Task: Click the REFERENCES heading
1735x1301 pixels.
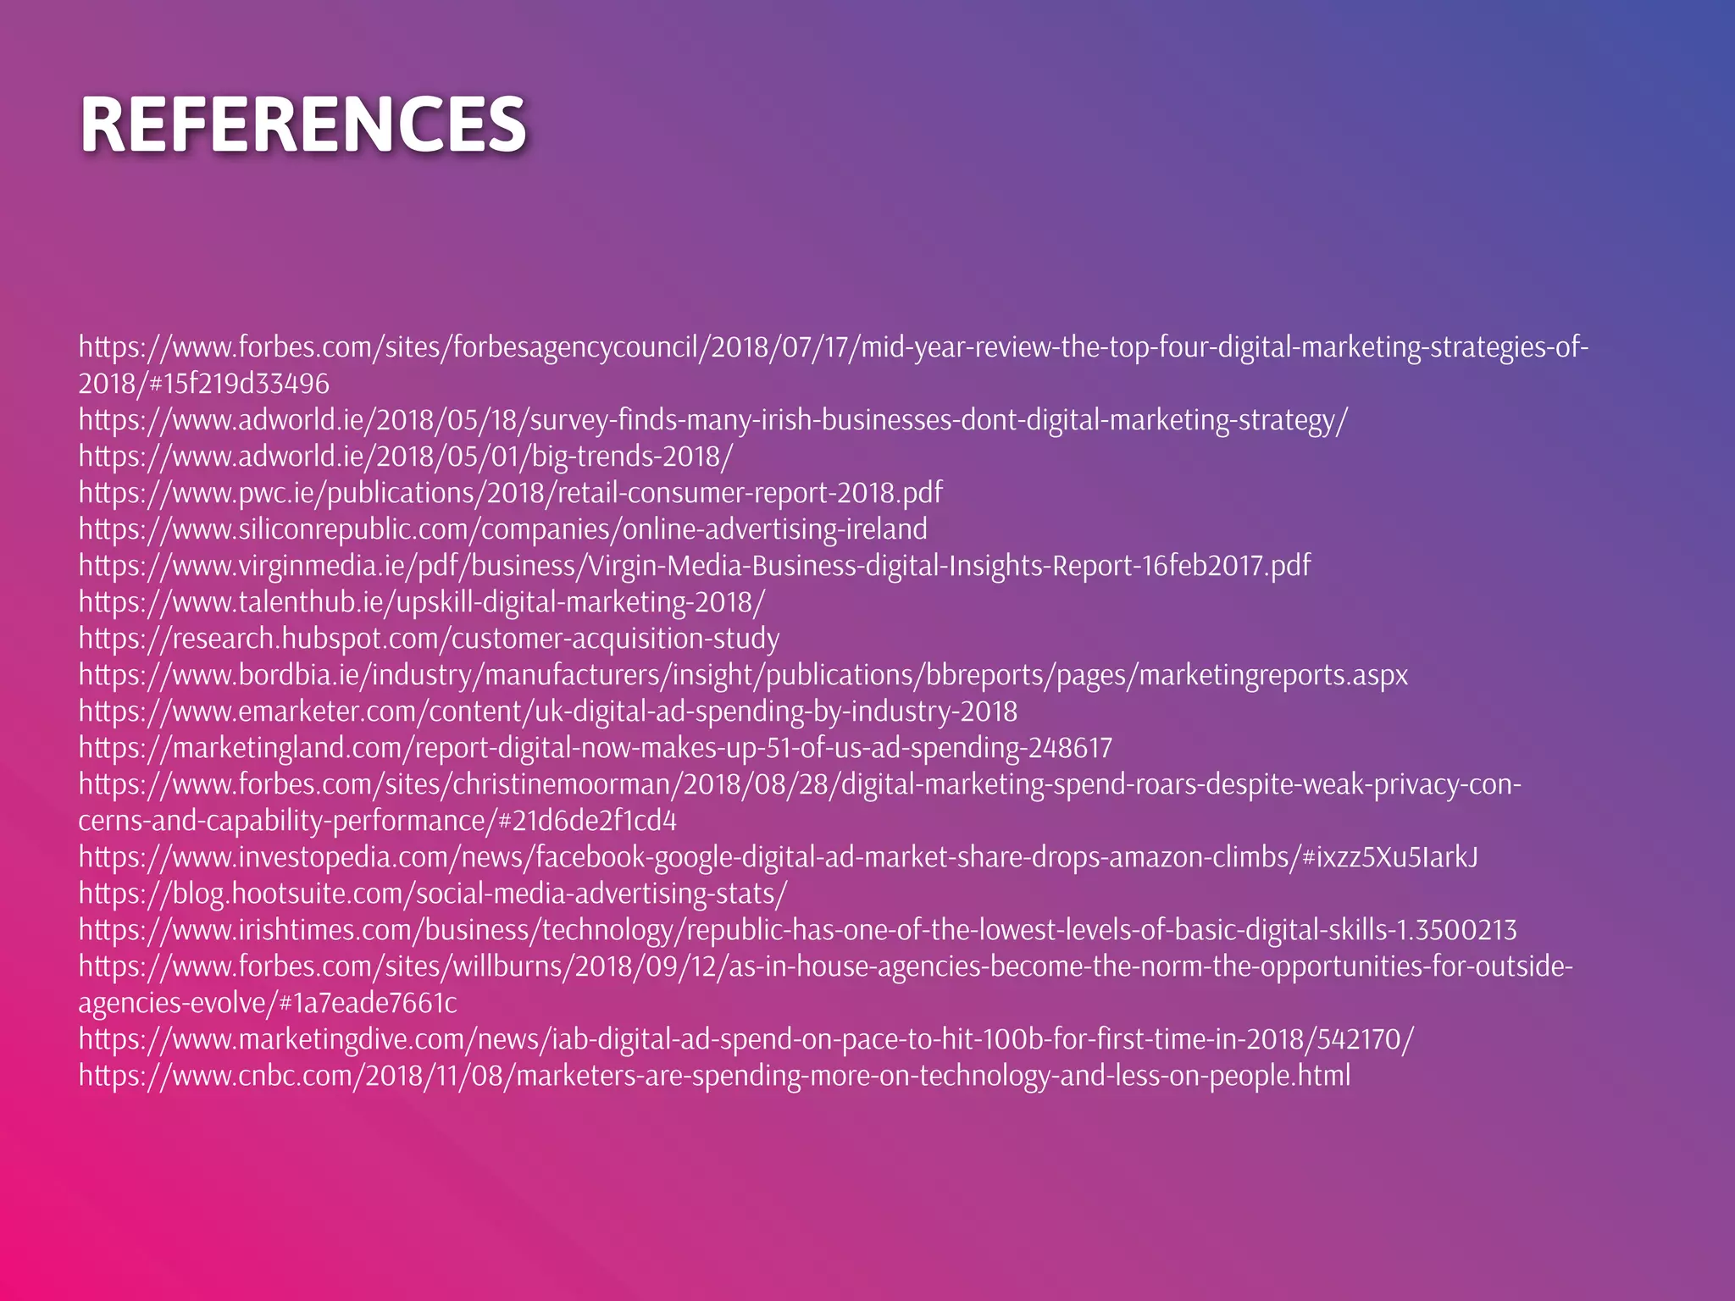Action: [x=303, y=125]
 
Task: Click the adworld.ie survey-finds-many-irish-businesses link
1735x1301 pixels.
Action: [x=712, y=420]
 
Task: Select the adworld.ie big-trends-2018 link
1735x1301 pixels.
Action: [x=405, y=457]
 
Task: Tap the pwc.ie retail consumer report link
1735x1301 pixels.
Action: [x=510, y=493]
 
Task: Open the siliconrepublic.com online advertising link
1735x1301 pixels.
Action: [x=502, y=529]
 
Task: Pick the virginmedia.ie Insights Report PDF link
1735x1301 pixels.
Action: [x=694, y=566]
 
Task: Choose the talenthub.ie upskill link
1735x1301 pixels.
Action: [x=421, y=602]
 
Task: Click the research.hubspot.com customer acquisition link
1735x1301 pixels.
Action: [x=429, y=639]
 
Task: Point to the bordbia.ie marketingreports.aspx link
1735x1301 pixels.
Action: [x=742, y=675]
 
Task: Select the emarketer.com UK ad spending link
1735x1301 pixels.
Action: [x=547, y=711]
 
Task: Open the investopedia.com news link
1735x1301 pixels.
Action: [x=778, y=857]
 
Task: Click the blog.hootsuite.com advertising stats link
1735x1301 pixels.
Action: [x=432, y=894]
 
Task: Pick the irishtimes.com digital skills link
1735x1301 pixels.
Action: [x=797, y=930]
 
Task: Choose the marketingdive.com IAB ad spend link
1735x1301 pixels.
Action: [x=746, y=1039]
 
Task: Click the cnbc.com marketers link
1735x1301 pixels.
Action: [x=714, y=1076]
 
